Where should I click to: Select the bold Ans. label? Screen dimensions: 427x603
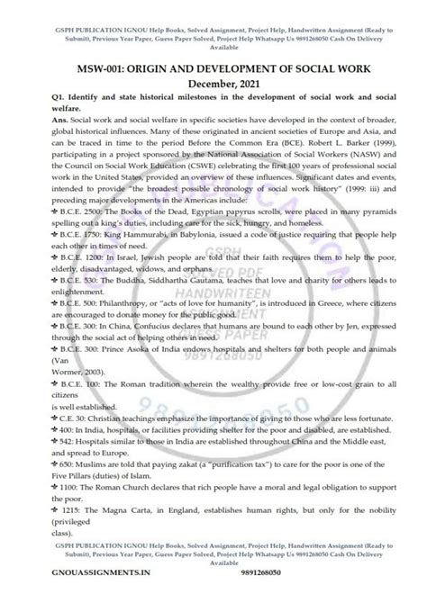[x=28, y=133]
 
